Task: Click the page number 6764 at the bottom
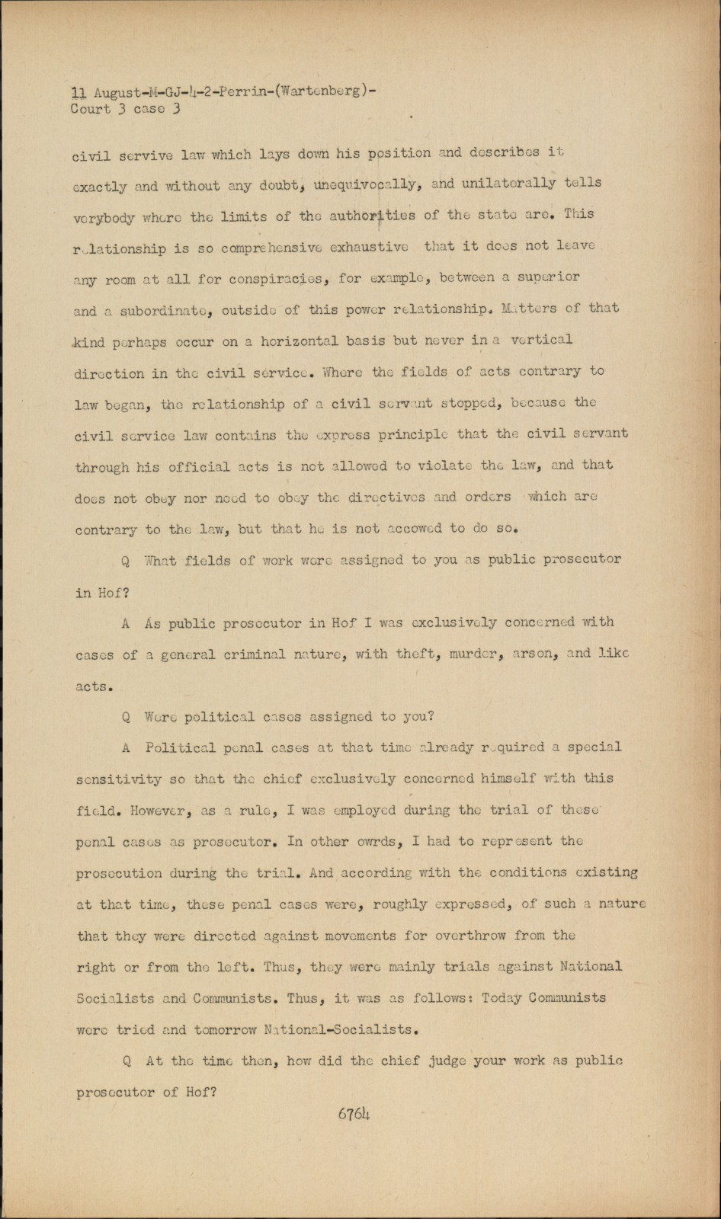[354, 1114]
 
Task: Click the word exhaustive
[369, 247]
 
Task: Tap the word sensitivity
[119, 779]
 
